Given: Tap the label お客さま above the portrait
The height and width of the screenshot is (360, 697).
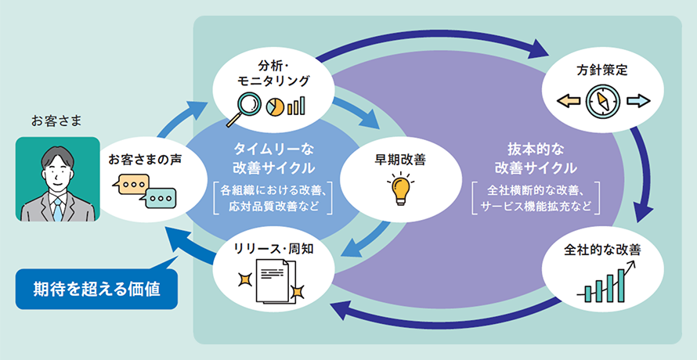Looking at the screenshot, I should tap(56, 121).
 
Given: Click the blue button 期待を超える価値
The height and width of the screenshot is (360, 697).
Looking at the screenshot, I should tap(97, 288).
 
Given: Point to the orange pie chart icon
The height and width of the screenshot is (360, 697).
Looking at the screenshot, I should tap(276, 106).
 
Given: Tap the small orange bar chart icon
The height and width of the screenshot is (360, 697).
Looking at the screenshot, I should tap(296, 105).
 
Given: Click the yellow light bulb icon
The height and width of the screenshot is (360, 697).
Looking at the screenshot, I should tap(400, 188).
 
